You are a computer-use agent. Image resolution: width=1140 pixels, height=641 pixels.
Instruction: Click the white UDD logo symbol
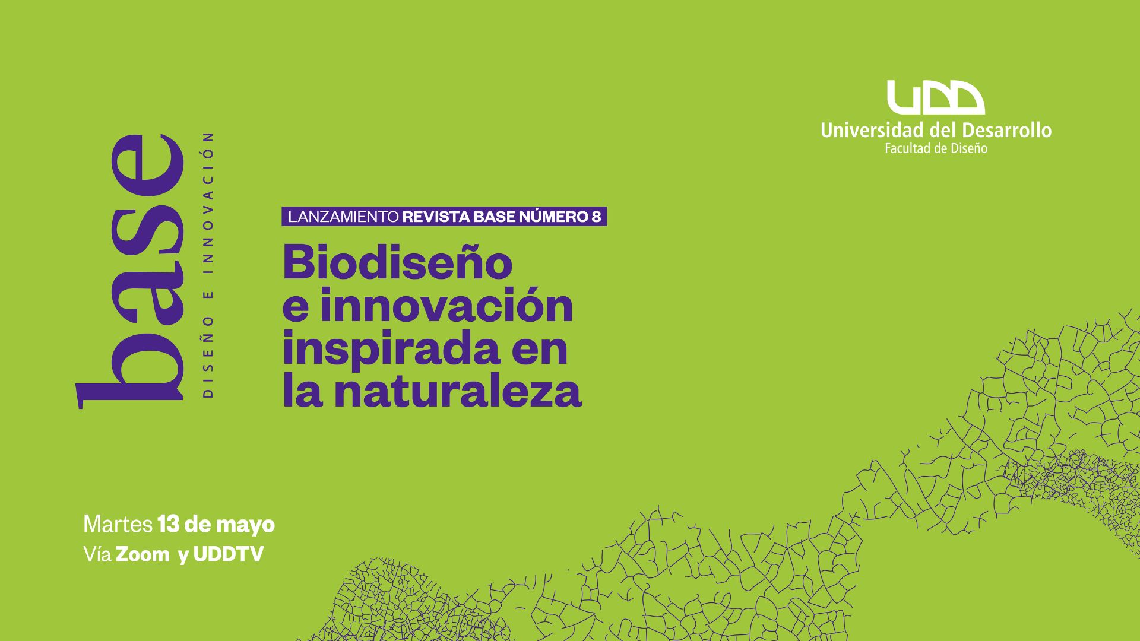(936, 98)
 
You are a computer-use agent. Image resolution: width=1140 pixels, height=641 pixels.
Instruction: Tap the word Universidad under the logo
(877, 130)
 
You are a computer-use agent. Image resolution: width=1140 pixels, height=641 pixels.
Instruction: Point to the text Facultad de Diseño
(936, 148)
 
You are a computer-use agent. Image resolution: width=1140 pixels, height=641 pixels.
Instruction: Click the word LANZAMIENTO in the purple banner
(343, 217)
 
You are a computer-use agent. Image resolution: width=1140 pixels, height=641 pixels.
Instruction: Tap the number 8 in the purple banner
(596, 217)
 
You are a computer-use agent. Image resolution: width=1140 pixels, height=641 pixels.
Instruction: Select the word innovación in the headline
(446, 306)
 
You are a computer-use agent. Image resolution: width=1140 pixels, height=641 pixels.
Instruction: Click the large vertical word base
(130, 272)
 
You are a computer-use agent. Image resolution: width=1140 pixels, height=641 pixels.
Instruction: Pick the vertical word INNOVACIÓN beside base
(208, 203)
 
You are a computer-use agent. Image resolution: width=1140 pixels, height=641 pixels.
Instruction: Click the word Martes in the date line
(118, 525)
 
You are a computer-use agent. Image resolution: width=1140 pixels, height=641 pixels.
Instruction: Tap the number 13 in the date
(169, 525)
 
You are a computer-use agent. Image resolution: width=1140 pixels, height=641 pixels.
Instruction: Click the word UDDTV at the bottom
(229, 554)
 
